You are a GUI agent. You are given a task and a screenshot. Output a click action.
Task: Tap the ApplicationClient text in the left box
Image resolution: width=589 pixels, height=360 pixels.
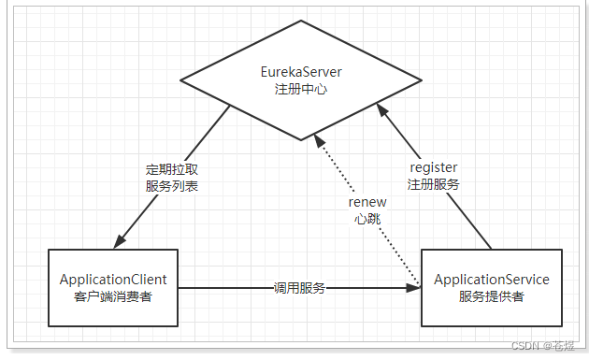[113, 280]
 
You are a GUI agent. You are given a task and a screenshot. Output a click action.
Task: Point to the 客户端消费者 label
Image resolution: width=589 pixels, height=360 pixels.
[113, 296]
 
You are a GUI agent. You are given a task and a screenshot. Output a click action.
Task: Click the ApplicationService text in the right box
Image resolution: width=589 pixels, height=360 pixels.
[492, 280]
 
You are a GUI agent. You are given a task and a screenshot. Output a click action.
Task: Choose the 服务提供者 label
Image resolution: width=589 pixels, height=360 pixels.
[492, 296]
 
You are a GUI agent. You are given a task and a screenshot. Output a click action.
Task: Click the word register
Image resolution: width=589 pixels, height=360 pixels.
[433, 168]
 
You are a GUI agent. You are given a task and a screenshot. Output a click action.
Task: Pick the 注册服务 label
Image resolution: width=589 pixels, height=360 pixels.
[433, 184]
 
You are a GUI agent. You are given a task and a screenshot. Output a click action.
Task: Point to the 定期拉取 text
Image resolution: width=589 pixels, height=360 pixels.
[171, 170]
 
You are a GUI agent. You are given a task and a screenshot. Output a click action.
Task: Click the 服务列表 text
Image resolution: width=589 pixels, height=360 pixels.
[171, 186]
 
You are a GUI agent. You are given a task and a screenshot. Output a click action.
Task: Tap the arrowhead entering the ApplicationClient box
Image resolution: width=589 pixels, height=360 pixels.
[119, 242]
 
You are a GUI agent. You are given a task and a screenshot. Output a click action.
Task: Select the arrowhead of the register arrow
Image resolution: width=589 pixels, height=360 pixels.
[381, 110]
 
